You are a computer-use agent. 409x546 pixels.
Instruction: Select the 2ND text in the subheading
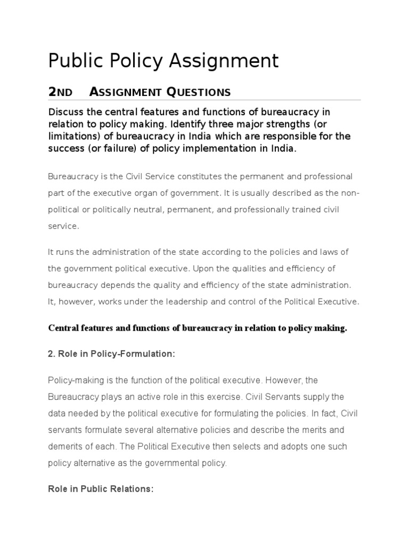coord(60,92)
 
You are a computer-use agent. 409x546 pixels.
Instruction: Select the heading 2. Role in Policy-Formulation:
coord(111,355)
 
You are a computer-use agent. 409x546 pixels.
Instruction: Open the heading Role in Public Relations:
coord(101,489)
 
